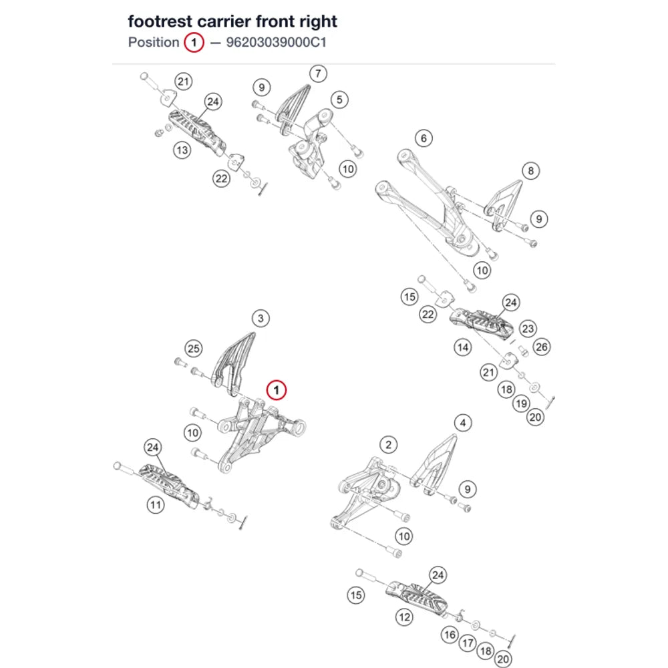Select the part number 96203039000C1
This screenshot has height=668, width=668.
276,43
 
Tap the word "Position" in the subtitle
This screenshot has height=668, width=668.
154,43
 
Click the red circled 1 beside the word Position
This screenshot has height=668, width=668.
194,43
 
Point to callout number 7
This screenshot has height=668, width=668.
318,73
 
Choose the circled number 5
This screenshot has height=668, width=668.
339,100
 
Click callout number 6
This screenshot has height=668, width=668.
424,138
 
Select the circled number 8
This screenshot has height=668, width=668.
531,171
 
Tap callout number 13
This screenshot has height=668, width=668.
182,150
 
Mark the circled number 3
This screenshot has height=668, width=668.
261,318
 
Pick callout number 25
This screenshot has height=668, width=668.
194,349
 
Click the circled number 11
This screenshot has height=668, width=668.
156,505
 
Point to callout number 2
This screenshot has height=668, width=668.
388,445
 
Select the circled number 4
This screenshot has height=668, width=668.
463,423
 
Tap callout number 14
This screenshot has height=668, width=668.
463,347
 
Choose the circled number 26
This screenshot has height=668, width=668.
542,347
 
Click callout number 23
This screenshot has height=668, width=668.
528,329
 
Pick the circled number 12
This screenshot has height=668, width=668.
404,617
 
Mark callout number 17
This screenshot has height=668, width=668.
468,643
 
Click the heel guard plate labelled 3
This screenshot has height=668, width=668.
232,362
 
